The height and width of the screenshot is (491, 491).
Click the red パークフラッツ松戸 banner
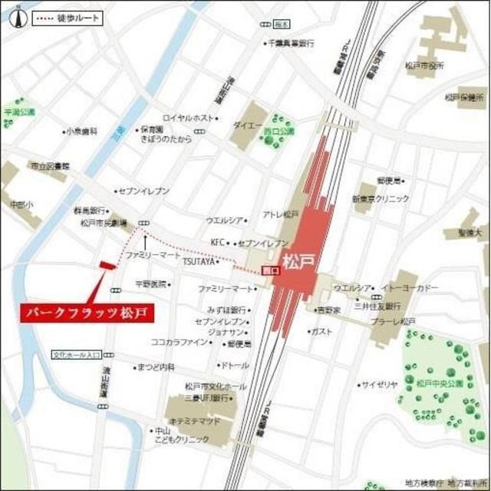point(85,313)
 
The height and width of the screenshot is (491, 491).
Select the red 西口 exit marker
point(269,270)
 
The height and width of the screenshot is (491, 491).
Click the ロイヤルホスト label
point(189,118)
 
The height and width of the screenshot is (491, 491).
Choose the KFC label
point(218,242)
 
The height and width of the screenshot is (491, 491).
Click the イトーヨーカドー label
point(417,287)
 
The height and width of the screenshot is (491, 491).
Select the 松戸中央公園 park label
point(438,382)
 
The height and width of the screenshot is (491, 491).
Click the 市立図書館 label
point(49,166)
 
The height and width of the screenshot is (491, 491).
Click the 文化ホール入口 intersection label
point(77,355)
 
